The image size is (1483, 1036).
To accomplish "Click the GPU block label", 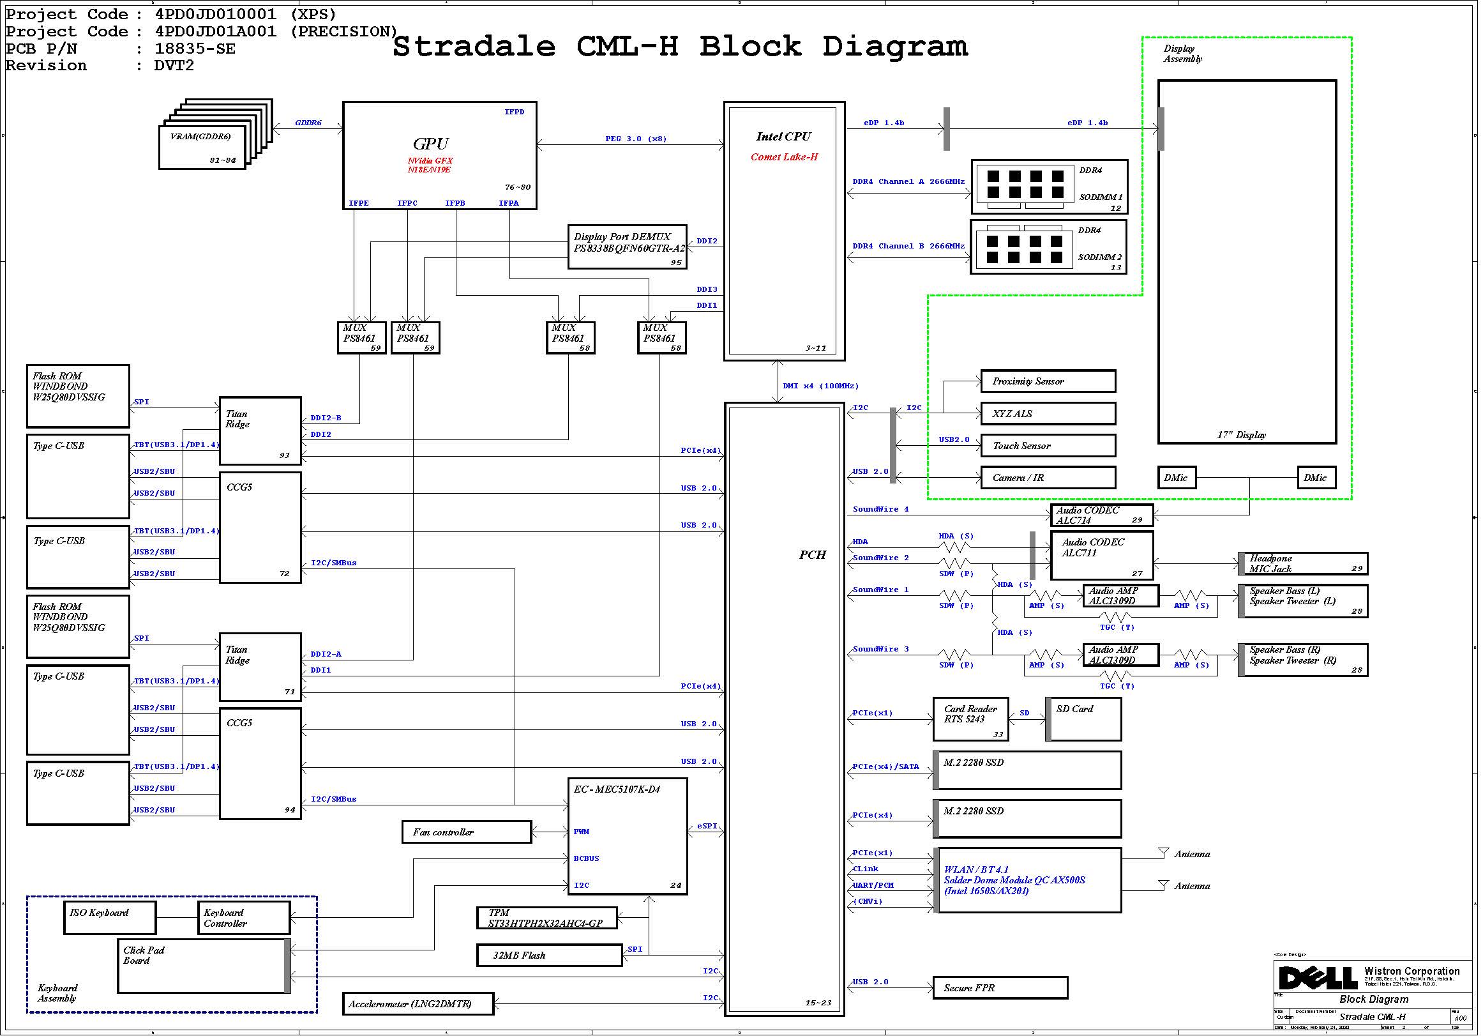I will [431, 144].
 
